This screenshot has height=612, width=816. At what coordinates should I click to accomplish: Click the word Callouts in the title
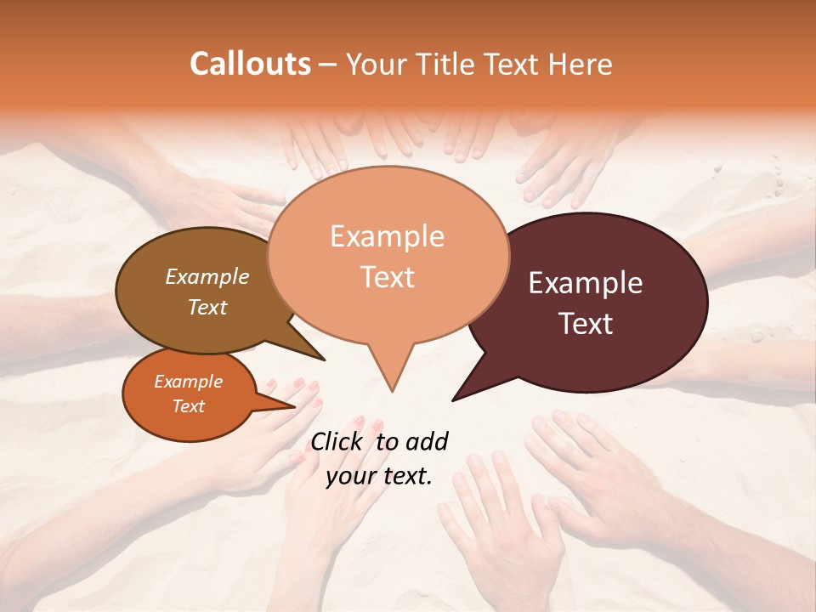coord(250,64)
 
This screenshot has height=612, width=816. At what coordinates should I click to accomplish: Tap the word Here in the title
coord(578,64)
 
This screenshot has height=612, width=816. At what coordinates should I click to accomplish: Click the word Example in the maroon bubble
coord(586,283)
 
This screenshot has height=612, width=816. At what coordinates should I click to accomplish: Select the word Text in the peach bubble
coord(388,277)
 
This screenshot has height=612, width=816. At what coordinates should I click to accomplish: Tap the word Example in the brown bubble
coord(207,276)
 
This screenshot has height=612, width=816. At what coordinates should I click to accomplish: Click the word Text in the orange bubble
coord(189,406)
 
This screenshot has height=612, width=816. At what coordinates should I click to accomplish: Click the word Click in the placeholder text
coord(337,441)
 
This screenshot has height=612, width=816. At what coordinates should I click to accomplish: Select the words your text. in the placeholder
coord(379,476)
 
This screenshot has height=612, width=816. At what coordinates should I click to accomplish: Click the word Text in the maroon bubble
coord(586,324)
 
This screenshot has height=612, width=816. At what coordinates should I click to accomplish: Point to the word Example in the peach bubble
coord(388,236)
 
